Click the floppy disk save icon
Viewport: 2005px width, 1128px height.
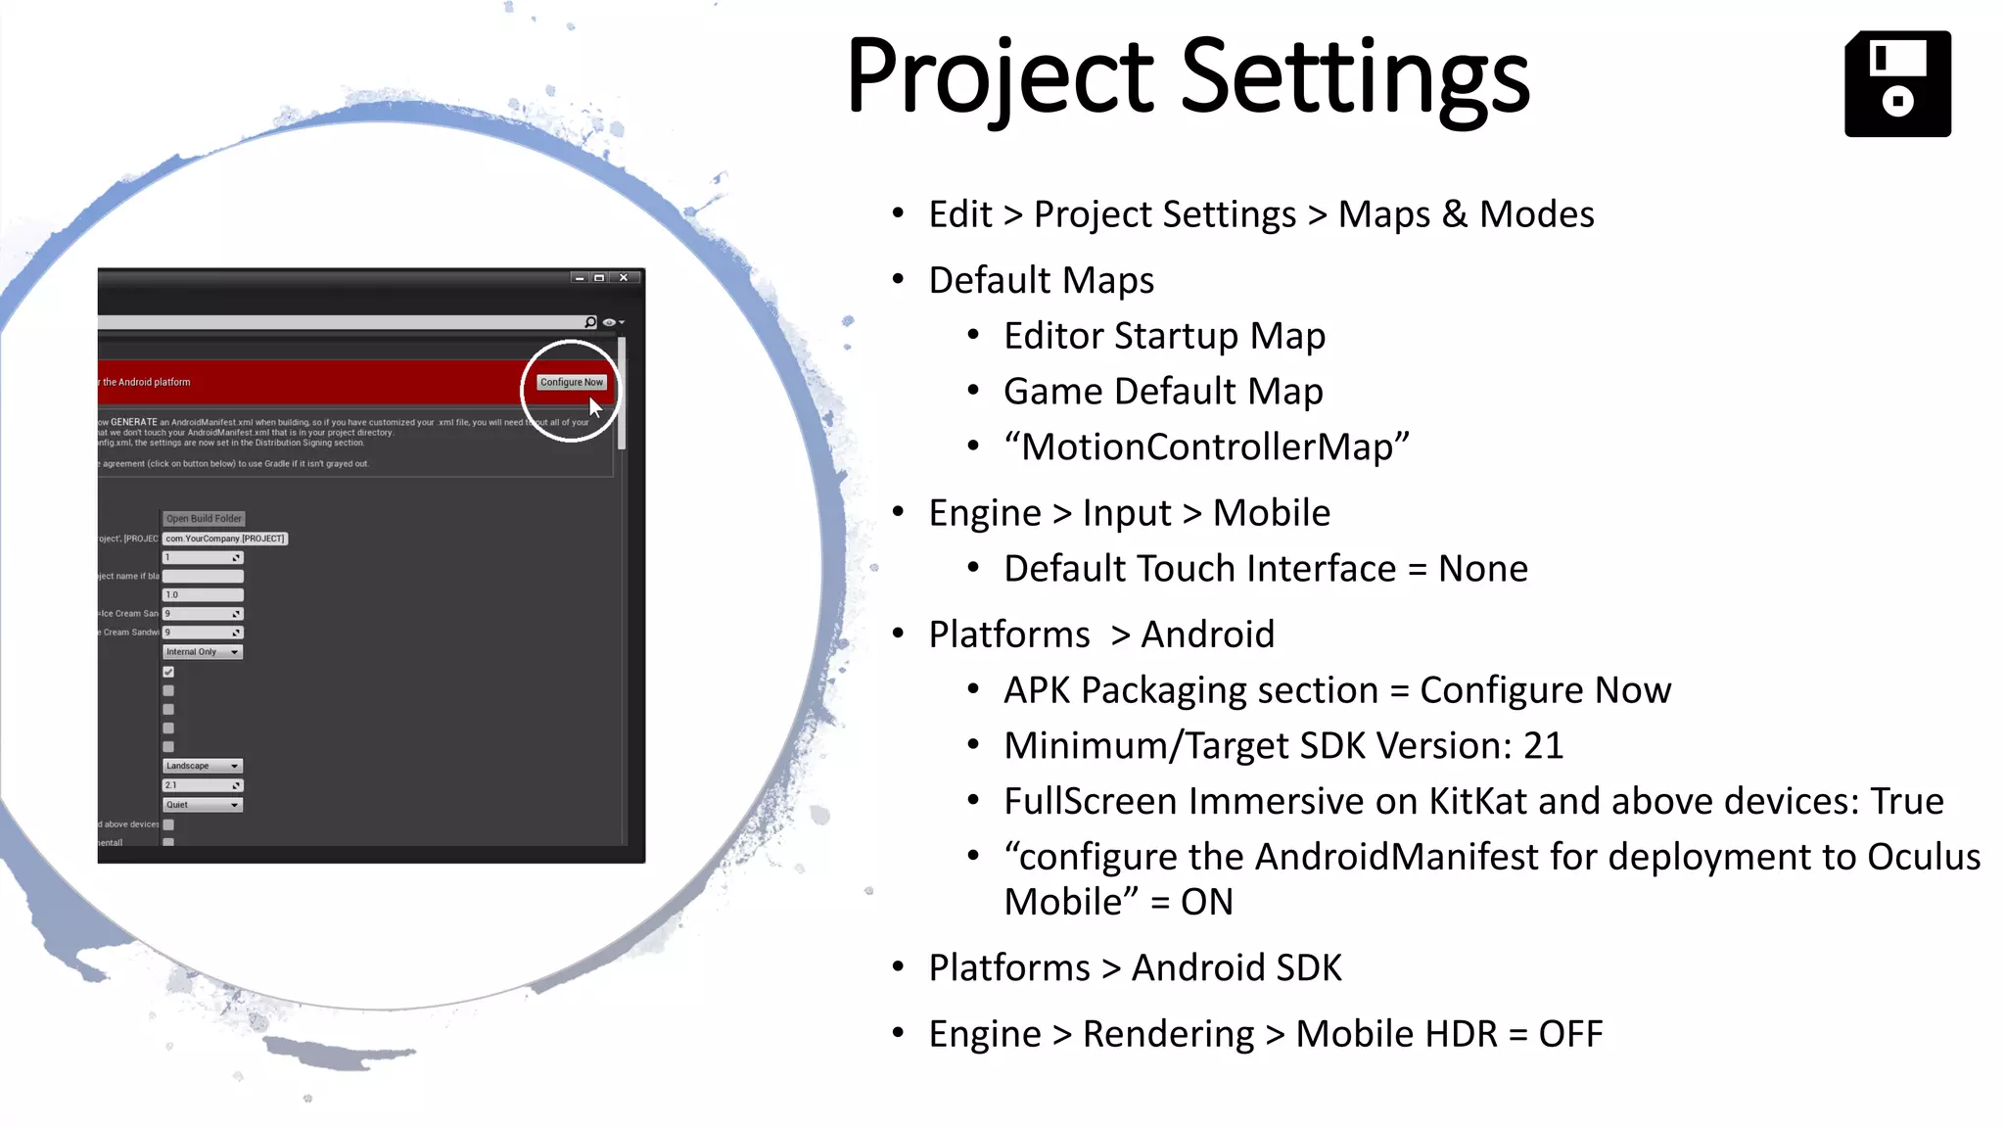click(x=1897, y=84)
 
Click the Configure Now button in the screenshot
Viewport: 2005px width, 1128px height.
click(x=572, y=382)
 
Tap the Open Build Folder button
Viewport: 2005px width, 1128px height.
click(x=204, y=519)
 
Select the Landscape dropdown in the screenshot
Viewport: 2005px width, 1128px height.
click(x=202, y=766)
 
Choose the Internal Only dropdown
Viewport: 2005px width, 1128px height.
click(x=202, y=652)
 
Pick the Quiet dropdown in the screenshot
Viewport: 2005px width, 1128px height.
click(x=202, y=805)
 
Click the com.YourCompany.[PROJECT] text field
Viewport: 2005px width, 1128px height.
click(x=225, y=539)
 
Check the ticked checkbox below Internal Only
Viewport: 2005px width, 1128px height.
click(x=168, y=672)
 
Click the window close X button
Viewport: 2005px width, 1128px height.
click(x=624, y=278)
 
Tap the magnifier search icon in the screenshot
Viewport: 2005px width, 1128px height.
click(x=590, y=322)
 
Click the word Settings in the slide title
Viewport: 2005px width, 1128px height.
click(x=1356, y=76)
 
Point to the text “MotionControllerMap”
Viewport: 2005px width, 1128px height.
click(x=1206, y=447)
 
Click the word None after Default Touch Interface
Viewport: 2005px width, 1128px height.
click(x=1482, y=569)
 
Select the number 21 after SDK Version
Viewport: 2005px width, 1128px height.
click(x=1543, y=746)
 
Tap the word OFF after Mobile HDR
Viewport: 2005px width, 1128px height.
click(x=1570, y=1034)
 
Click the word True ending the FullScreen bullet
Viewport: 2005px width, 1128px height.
click(x=1906, y=802)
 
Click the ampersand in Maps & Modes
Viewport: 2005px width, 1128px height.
click(x=1454, y=214)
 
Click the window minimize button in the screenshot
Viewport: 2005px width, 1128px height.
click(x=580, y=278)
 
